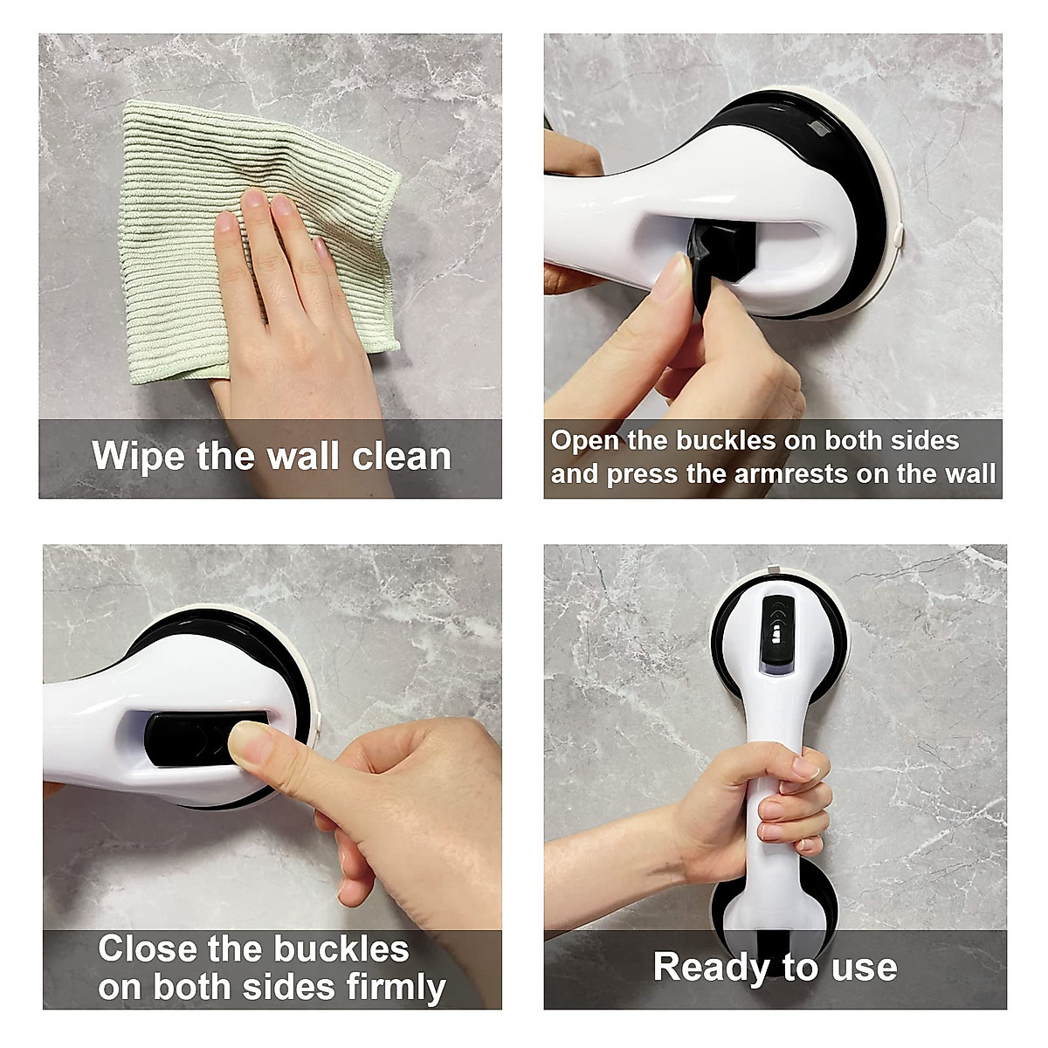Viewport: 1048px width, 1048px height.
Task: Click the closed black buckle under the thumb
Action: click(x=183, y=739)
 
